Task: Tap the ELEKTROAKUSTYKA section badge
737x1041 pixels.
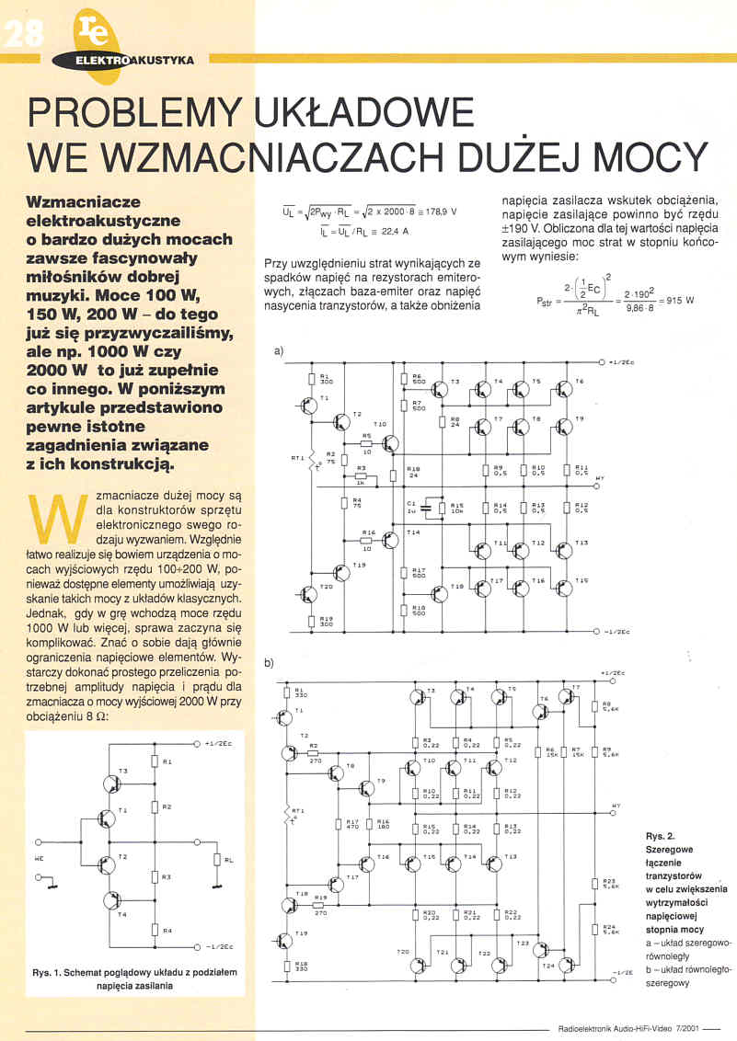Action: click(x=136, y=60)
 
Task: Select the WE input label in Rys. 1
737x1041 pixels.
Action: click(x=40, y=859)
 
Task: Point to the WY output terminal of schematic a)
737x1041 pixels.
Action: click(x=599, y=478)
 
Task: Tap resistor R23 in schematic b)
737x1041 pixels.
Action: click(x=595, y=884)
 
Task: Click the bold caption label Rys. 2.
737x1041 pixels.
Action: click(x=661, y=836)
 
